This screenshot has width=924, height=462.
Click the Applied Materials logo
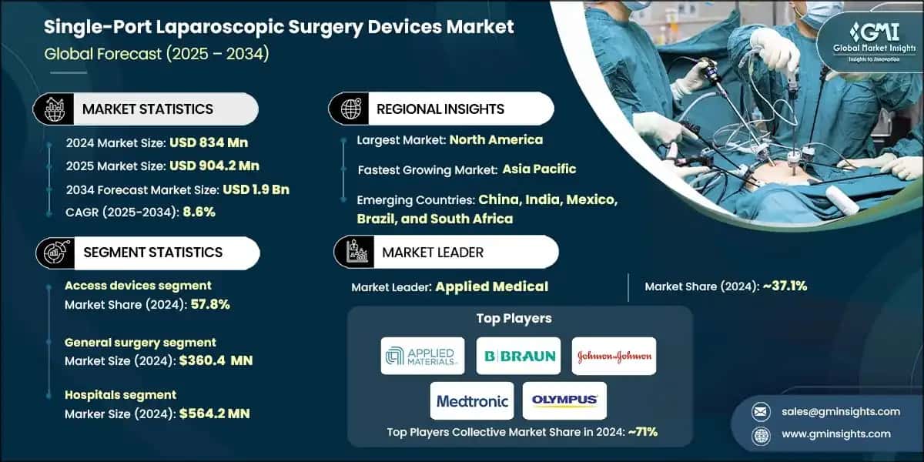tap(423, 356)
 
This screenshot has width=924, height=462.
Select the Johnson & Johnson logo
tap(614, 356)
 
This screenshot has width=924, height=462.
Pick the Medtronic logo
tap(472, 401)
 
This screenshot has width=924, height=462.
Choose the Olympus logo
tap(564, 400)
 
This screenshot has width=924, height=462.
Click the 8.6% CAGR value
tap(198, 211)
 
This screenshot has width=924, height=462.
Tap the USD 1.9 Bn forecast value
tap(256, 189)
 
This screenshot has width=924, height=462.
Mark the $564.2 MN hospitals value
tap(215, 413)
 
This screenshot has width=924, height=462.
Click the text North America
tap(496, 139)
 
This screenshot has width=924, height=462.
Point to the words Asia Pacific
tap(539, 169)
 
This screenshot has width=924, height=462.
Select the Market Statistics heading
tap(147, 109)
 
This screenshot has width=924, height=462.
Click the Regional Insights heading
tap(440, 109)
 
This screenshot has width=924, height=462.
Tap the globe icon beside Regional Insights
tap(352, 109)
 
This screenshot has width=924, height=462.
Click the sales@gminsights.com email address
tap(839, 411)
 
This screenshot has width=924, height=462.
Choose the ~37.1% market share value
tap(783, 286)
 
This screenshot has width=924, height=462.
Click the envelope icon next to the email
tap(760, 411)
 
